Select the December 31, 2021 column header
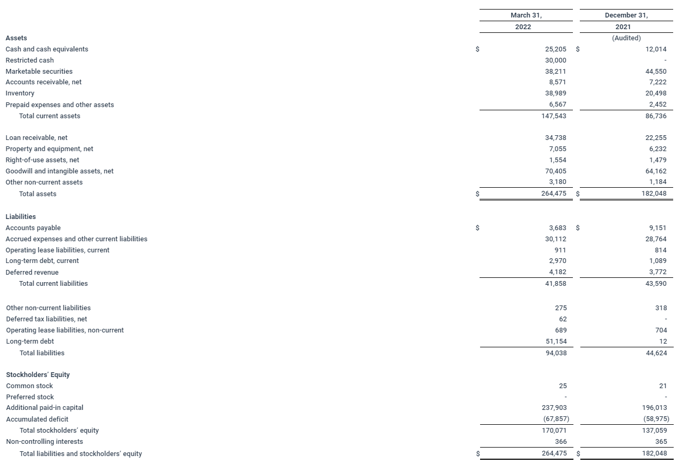tap(626, 21)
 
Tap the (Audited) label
tap(626, 38)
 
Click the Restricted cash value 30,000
tap(555, 60)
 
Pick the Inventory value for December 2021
tap(656, 93)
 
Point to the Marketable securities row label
tap(39, 72)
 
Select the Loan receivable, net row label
tap(37, 138)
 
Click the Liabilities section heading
tap(21, 217)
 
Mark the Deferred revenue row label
tap(32, 273)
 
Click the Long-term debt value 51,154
tap(555, 342)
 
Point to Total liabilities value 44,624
tap(656, 353)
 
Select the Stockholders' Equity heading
tap(38, 375)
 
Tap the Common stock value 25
tap(562, 386)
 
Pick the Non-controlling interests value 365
tap(660, 442)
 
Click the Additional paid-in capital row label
tap(45, 408)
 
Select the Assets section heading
tap(16, 38)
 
